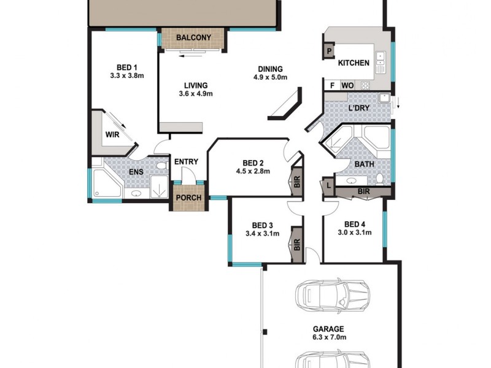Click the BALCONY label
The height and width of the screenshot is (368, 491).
(193, 38)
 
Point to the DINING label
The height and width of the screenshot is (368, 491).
(270, 69)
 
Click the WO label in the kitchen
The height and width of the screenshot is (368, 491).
(347, 85)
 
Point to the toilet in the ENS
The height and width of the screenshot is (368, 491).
(161, 167)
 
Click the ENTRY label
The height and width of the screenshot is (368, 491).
(186, 162)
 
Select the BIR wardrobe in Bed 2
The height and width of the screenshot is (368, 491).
(296, 182)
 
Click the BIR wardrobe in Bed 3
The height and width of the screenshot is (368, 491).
(296, 245)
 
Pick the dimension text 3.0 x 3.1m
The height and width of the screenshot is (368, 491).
(355, 233)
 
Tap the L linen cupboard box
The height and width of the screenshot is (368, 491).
(329, 185)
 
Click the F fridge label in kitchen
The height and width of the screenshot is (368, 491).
(332, 85)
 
